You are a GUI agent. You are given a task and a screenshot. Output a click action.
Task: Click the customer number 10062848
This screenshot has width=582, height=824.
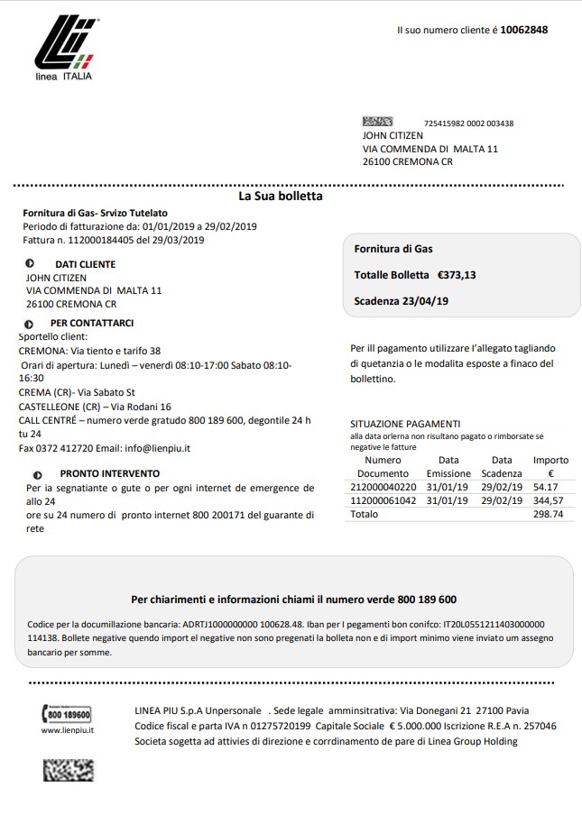tap(523, 30)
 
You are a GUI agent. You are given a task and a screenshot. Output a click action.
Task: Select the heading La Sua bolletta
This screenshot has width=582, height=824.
tap(280, 196)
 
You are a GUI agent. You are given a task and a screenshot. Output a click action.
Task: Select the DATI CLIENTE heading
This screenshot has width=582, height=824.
tap(85, 264)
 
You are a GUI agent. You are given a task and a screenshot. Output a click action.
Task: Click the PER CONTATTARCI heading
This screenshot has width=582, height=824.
tap(92, 323)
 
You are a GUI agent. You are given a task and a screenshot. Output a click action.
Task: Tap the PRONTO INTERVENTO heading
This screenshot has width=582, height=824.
tap(109, 473)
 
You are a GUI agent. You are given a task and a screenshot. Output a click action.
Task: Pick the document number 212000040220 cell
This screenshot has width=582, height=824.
tap(383, 487)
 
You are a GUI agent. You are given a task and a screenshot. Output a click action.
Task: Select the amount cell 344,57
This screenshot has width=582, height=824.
tap(550, 500)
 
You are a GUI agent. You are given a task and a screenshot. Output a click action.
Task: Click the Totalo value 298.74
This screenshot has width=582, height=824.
tap(549, 514)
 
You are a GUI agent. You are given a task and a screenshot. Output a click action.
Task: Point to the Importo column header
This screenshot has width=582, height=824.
tap(550, 466)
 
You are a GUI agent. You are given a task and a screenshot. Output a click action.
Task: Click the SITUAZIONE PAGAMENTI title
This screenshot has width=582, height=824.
tap(405, 424)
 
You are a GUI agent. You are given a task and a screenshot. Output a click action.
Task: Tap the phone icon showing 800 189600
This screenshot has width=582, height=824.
tap(67, 714)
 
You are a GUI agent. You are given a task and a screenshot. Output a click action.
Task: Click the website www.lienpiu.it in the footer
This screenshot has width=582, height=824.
tap(68, 729)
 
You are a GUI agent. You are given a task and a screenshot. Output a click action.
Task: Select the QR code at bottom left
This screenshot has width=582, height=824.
tap(69, 769)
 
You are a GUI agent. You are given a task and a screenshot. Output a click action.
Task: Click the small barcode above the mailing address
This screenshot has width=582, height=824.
tap(377, 122)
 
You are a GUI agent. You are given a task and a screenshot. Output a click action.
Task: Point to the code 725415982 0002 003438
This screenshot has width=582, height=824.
tap(468, 124)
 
